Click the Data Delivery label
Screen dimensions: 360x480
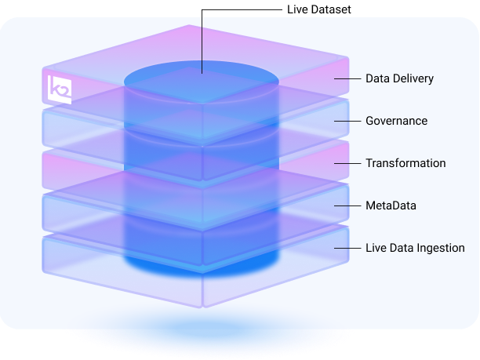[399, 78]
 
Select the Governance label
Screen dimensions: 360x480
[396, 121]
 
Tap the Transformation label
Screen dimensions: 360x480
[405, 163]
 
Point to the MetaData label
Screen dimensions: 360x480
[391, 205]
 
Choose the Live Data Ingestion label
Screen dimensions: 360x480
[415, 248]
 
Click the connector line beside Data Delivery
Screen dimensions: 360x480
[346, 78]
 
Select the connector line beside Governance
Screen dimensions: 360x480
[346, 121]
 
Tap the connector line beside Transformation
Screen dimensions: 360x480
[346, 163]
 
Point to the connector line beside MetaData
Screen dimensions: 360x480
[346, 205]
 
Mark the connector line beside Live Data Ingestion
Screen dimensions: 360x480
[346, 248]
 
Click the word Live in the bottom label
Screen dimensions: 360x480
[376, 248]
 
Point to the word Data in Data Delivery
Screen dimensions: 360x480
[377, 78]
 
